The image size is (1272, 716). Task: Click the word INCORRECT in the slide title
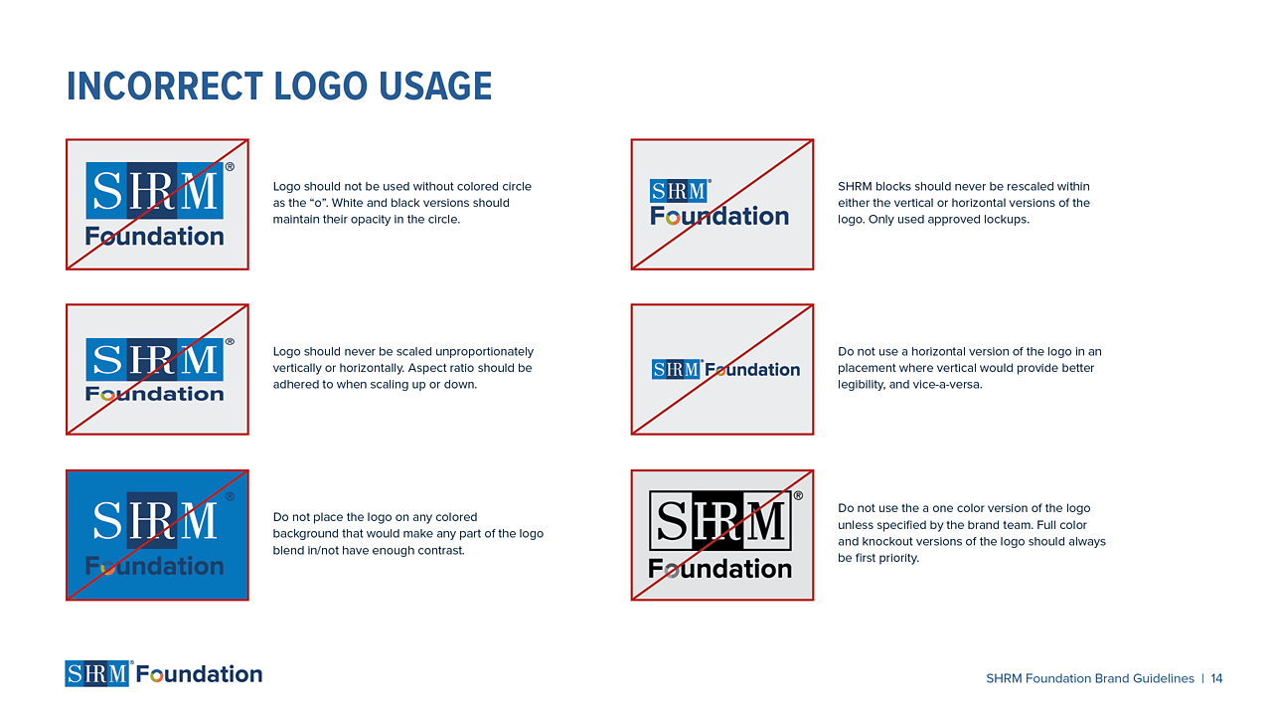click(165, 87)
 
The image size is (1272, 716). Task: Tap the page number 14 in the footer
click(1216, 679)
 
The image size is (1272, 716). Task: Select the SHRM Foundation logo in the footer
click(164, 674)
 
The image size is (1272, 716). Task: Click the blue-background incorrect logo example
click(157, 535)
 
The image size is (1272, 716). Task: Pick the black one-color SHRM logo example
click(721, 535)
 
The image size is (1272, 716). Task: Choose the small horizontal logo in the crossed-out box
click(725, 370)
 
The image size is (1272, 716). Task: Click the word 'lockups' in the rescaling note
click(1003, 220)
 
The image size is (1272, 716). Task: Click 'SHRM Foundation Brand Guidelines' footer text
click(1089, 679)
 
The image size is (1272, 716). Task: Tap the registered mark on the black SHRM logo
click(798, 496)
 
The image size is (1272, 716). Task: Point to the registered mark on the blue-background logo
click(230, 496)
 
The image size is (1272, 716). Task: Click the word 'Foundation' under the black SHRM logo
click(720, 570)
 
